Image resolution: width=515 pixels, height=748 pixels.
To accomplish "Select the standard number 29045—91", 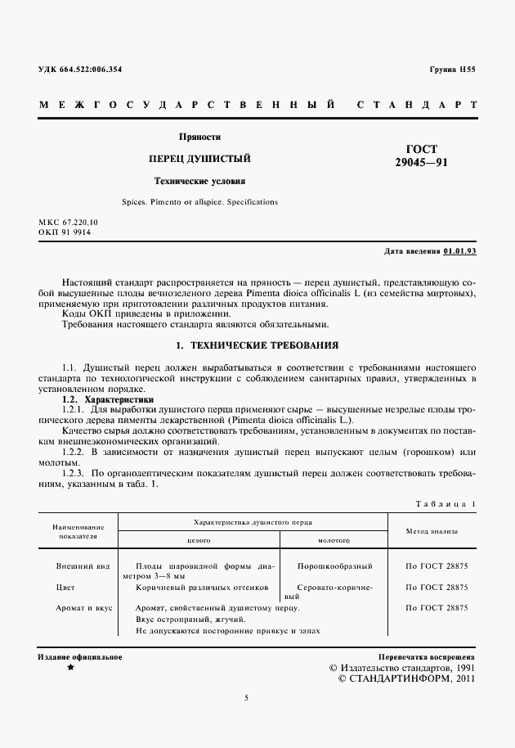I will (421, 162).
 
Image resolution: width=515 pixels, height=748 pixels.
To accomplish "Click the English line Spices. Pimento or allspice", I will (199, 201).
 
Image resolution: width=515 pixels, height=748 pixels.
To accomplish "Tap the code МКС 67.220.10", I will (68, 222).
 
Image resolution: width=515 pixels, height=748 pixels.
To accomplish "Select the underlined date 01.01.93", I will (460, 250).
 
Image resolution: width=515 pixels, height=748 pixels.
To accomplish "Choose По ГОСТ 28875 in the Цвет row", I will (437, 587).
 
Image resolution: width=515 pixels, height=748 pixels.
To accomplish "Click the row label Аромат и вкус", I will (84, 607).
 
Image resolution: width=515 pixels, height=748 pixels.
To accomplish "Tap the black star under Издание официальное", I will (70, 668).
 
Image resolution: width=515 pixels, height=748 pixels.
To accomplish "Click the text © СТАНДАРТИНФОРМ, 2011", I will (406, 678).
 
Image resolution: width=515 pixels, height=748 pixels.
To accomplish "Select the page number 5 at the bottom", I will (246, 697).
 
